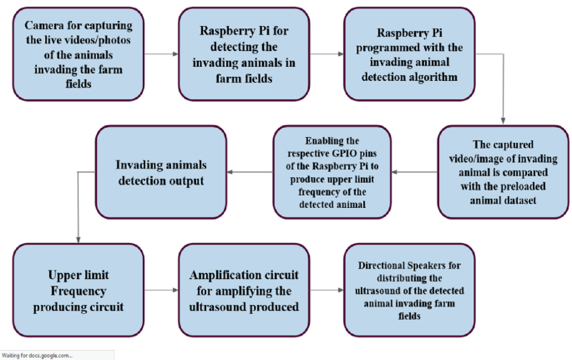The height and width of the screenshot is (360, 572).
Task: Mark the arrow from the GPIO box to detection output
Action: coord(250,171)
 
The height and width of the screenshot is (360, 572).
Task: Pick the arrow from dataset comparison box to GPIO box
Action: coord(416,171)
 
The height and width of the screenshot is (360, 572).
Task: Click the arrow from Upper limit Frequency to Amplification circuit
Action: coord(159,291)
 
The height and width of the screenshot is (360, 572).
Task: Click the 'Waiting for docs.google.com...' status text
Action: coord(38,355)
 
